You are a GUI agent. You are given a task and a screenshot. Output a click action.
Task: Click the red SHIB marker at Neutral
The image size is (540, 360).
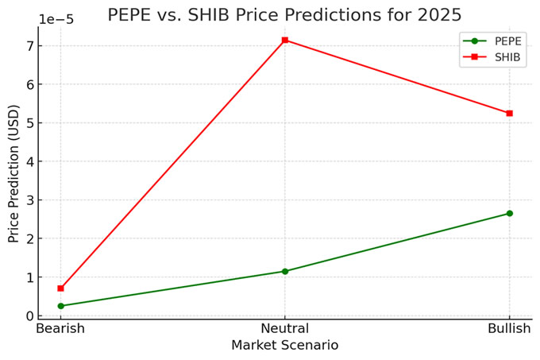click(x=285, y=40)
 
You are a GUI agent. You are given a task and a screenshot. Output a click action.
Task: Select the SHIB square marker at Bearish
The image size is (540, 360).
click(x=60, y=288)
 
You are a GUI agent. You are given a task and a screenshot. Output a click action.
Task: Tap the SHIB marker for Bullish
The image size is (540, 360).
click(x=509, y=113)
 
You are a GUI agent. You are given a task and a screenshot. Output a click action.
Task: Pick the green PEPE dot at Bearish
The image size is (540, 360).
click(x=60, y=306)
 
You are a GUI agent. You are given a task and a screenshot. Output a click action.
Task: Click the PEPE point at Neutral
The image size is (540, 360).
click(x=285, y=271)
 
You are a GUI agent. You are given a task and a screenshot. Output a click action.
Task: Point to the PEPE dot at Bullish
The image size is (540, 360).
click(x=509, y=213)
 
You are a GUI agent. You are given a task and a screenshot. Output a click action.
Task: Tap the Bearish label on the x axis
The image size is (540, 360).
click(x=60, y=329)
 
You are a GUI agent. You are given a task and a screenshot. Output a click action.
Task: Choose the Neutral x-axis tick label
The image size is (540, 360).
click(x=285, y=329)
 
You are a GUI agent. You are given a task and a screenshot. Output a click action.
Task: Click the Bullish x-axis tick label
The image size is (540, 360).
click(x=509, y=329)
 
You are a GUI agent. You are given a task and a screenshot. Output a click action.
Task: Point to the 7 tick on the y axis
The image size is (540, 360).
click(x=29, y=45)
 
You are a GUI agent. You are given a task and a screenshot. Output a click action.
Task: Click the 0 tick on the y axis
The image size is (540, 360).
click(x=29, y=315)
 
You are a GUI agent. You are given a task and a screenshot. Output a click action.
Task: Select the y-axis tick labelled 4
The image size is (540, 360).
click(x=29, y=161)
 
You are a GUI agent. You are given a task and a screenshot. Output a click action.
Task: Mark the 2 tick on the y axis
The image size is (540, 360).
click(x=29, y=238)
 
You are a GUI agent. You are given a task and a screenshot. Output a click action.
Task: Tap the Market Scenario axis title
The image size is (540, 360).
click(x=284, y=346)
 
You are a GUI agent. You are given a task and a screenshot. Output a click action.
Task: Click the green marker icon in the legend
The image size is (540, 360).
click(x=474, y=41)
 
